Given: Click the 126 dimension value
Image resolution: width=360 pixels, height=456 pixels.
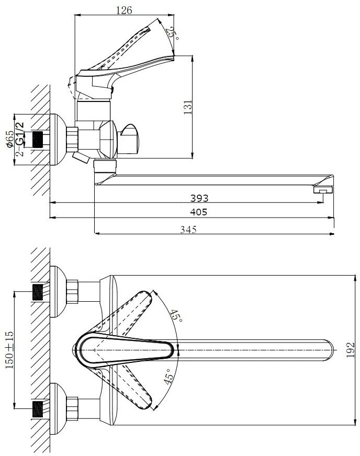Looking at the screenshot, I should click(124, 10).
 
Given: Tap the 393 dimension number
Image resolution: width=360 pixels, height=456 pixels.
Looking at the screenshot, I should click(199, 198).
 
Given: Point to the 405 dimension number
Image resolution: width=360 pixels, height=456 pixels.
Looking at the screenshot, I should click(199, 212).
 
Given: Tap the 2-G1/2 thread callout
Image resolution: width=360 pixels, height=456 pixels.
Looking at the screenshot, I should click(21, 139).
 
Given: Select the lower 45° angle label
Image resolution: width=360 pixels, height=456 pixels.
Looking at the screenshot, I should click(168, 377).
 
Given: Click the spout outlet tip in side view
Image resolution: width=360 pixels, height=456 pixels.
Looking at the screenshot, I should click(323, 190).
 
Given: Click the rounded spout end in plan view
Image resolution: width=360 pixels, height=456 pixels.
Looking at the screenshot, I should click(328, 349).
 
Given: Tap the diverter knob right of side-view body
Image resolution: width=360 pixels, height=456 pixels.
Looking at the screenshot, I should click(130, 138).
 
